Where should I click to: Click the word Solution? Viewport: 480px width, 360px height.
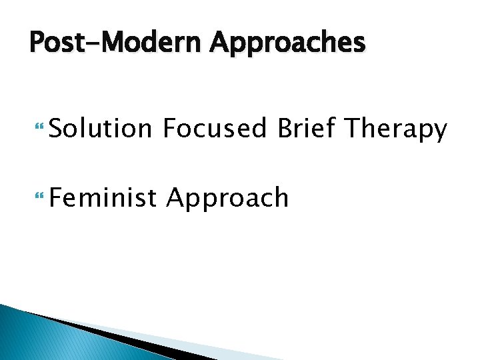click(x=100, y=129)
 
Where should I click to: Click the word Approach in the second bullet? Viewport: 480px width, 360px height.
click(x=227, y=199)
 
